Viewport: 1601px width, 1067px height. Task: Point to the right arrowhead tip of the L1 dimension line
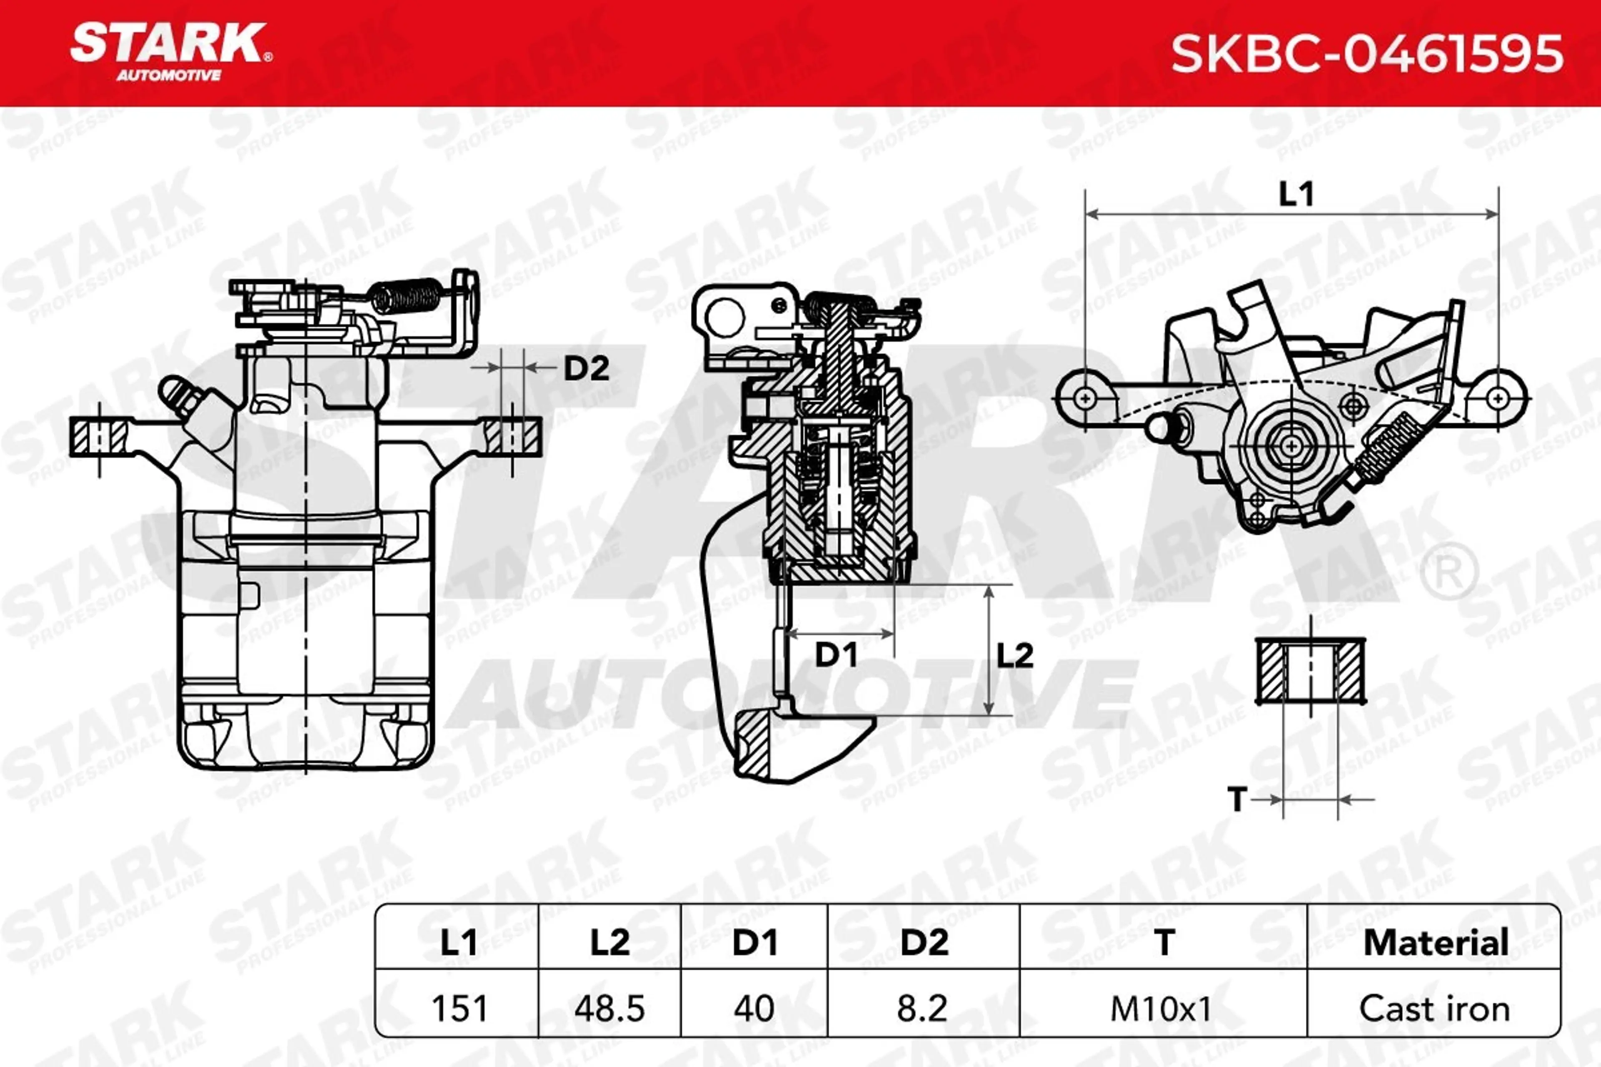click(1498, 214)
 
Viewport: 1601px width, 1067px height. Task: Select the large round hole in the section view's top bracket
click(725, 318)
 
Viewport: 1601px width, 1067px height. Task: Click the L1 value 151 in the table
click(459, 1009)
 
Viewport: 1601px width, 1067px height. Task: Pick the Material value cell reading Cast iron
click(1434, 1009)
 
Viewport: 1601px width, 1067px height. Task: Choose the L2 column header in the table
click(609, 942)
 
